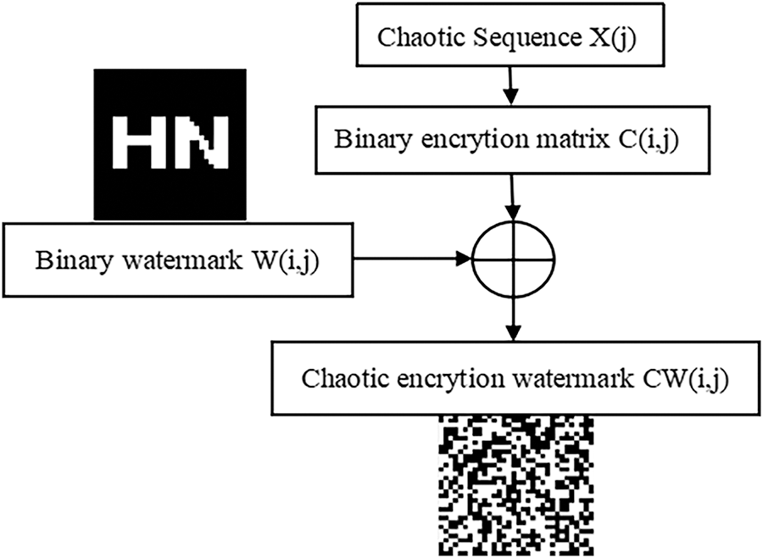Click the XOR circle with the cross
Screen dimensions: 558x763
514,255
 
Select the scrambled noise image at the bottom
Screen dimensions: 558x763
514,487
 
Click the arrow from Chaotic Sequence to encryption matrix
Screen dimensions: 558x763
509,84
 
